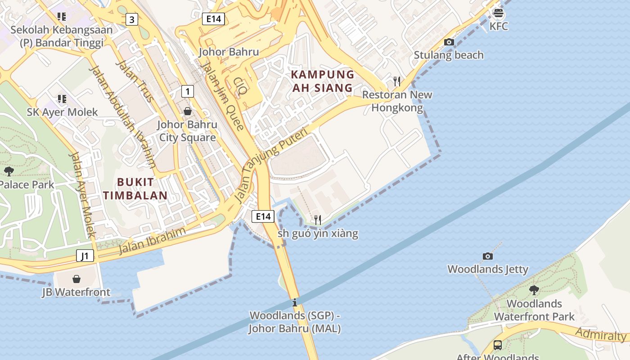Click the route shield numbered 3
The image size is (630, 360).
point(131,19)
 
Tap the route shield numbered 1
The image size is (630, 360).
point(187,91)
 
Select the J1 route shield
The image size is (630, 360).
point(85,256)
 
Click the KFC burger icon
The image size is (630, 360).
point(498,13)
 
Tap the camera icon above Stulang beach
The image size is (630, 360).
point(449,42)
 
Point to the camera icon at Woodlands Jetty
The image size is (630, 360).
point(487,256)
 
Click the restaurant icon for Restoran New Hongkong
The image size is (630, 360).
point(396,81)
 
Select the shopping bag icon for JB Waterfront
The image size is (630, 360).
point(76,279)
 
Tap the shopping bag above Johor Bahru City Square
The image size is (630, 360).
point(187,111)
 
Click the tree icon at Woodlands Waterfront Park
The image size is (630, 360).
point(534,290)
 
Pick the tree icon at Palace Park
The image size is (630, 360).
point(9,171)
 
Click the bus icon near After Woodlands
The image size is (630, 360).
point(497,345)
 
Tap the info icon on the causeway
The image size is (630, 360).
point(295,302)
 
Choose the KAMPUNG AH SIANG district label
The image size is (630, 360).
point(322,81)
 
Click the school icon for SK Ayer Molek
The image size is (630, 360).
point(62,99)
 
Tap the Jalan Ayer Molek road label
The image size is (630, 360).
point(81,195)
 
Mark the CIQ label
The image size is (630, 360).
point(240,85)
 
